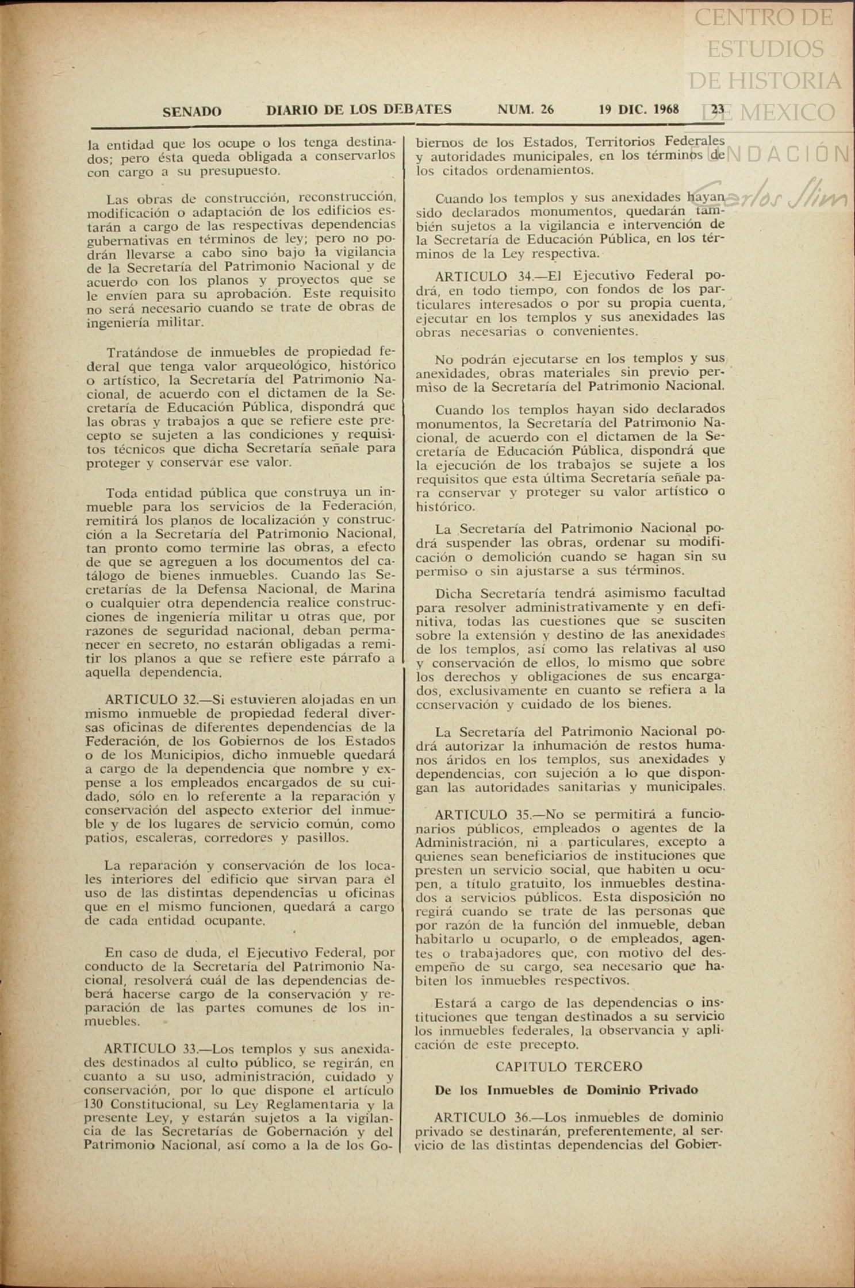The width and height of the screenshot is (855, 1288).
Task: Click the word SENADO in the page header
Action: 191,111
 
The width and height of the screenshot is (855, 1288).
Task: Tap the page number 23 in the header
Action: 718,109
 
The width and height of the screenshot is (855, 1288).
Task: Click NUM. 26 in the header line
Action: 525,109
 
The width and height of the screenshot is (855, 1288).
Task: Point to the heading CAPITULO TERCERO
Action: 569,1067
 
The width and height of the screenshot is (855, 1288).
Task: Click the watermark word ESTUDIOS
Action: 765,49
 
